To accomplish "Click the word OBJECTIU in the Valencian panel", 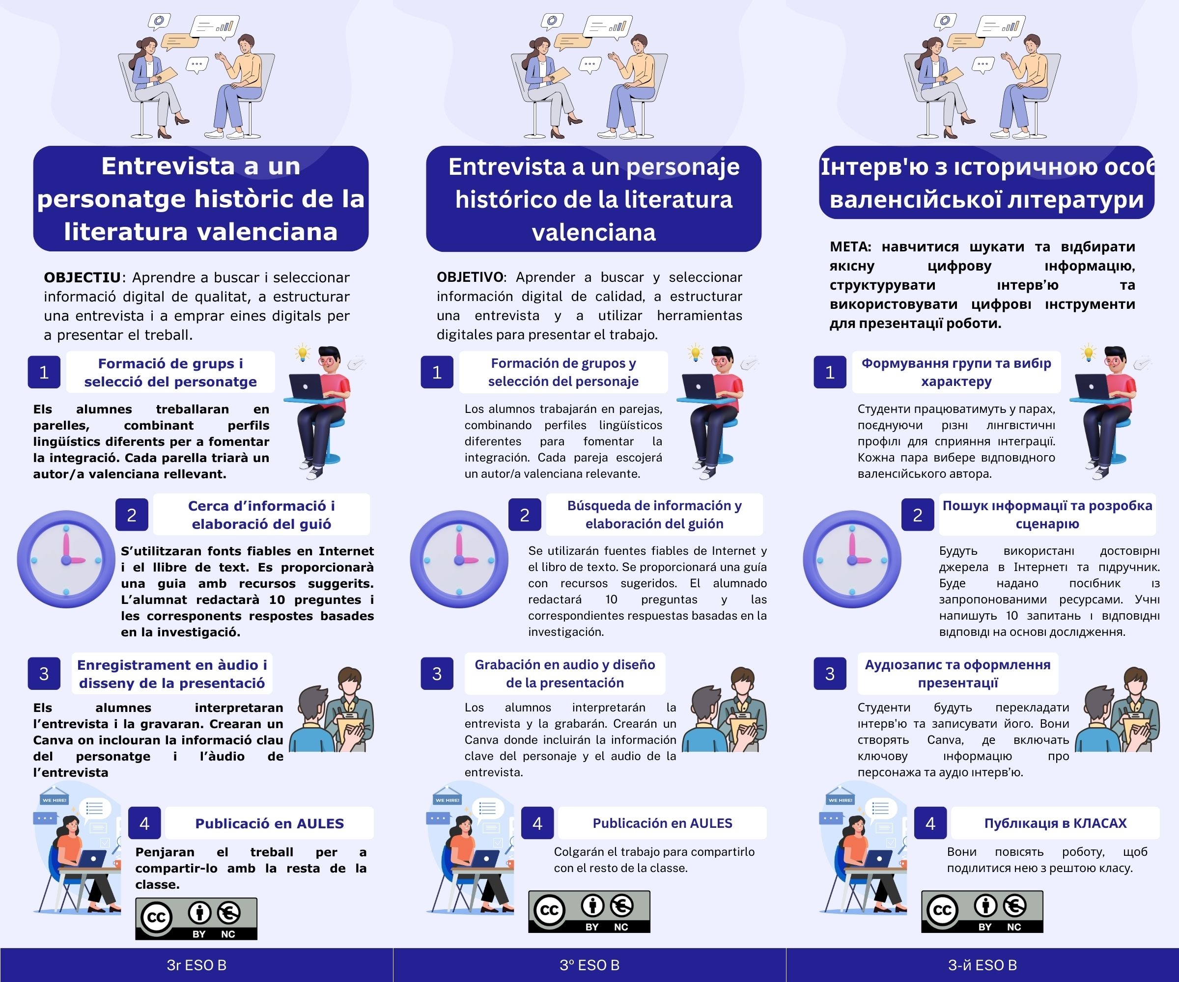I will pyautogui.click(x=82, y=277).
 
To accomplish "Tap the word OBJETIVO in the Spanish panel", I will pyautogui.click(x=471, y=277).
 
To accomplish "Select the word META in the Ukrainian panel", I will pyautogui.click(x=849, y=246).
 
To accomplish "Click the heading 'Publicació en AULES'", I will pyautogui.click(x=270, y=823).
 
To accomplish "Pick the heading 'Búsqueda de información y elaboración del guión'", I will pyautogui.click(x=654, y=515).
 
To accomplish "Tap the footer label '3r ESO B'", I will pyautogui.click(x=196, y=965).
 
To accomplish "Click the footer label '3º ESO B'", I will pyautogui.click(x=589, y=965).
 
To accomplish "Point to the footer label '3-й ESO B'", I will pyautogui.click(x=982, y=965).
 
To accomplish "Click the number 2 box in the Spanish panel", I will pyautogui.click(x=524, y=515).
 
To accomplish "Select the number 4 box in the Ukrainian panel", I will pyautogui.click(x=930, y=823).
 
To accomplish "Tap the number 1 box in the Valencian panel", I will pyautogui.click(x=44, y=372).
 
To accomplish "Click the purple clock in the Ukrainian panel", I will pyautogui.click(x=852, y=559).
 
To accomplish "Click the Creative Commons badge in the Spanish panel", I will pyautogui.click(x=589, y=912).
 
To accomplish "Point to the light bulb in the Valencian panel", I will pyautogui.click(x=303, y=353).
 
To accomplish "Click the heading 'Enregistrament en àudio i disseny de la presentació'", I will pyautogui.click(x=172, y=674).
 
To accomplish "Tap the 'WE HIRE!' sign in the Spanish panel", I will pyautogui.click(x=448, y=800).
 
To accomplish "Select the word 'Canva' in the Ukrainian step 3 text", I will pyautogui.click(x=945, y=739).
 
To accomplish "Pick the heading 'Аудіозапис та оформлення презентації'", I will pyautogui.click(x=957, y=674).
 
